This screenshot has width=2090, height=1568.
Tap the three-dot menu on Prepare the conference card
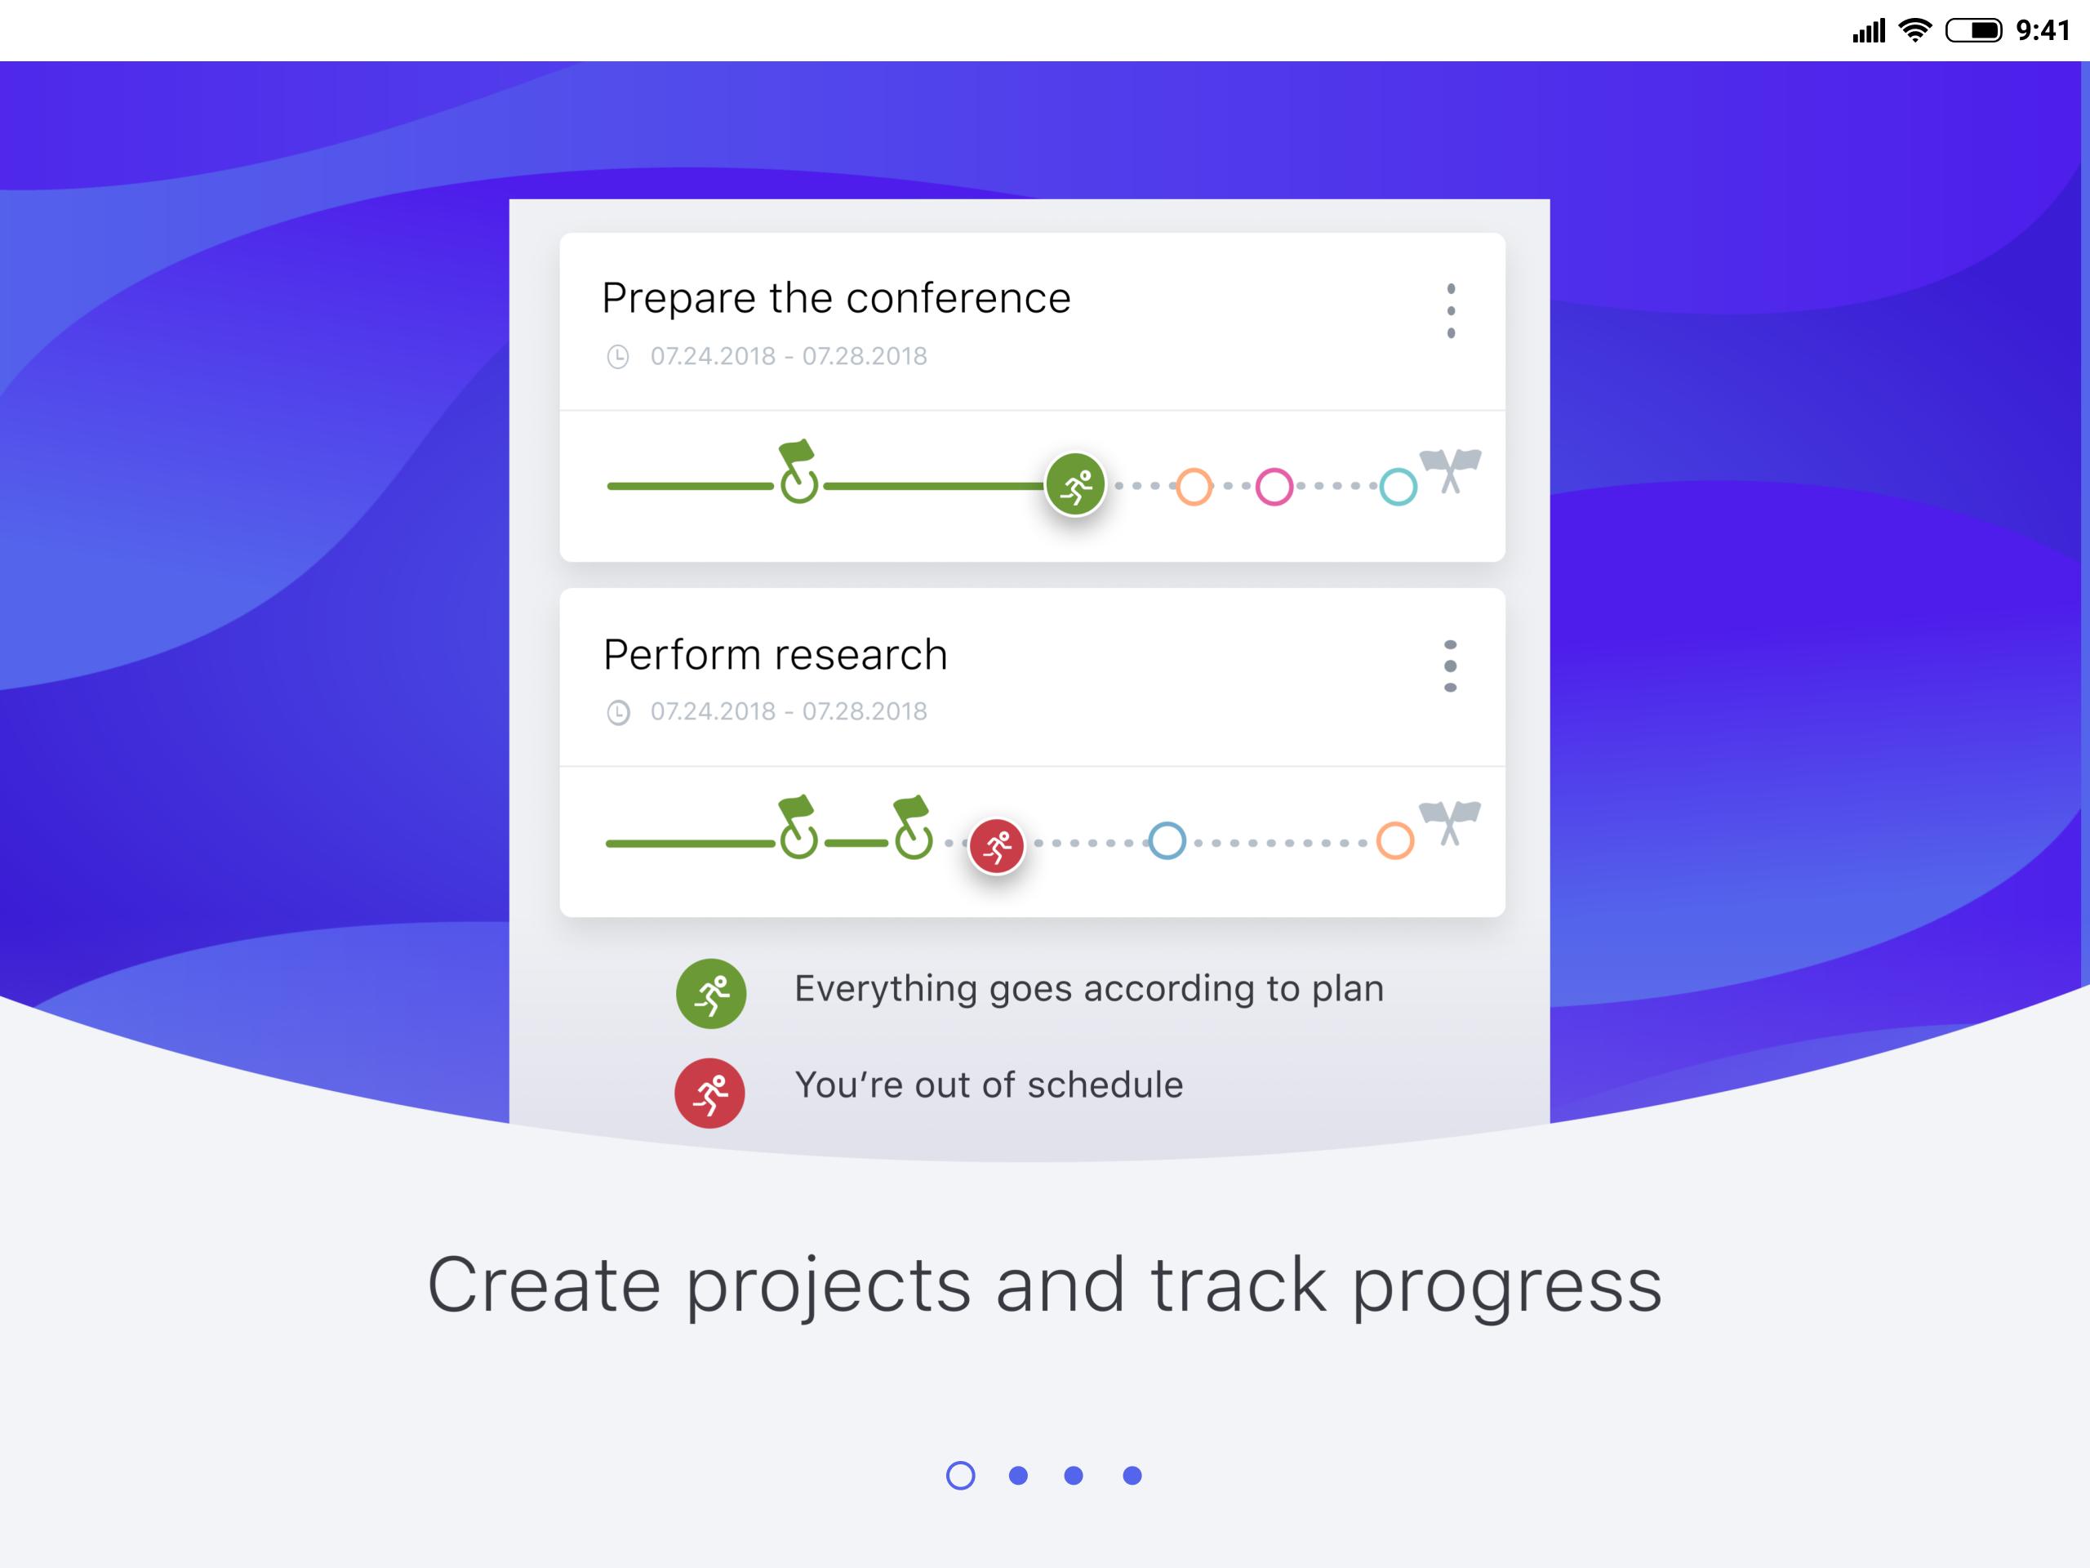click(1450, 311)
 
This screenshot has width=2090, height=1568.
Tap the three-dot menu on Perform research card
click(1450, 666)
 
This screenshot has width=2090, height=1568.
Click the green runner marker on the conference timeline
click(1075, 485)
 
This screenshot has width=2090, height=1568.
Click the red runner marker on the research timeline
click(997, 845)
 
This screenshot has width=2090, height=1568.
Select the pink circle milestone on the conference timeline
click(1274, 487)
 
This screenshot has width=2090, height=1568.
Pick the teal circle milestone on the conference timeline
click(1399, 487)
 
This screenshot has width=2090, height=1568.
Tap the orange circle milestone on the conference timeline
click(1194, 487)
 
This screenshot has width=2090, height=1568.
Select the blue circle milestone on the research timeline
click(1167, 841)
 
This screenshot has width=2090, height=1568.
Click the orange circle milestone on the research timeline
click(1394, 841)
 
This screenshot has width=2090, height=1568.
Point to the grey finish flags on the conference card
click(1450, 470)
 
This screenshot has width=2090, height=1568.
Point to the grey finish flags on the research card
click(1450, 822)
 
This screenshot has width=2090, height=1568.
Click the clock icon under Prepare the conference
click(618, 356)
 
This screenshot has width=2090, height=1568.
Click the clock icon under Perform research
click(618, 711)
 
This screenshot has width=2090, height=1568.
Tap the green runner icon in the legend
click(711, 993)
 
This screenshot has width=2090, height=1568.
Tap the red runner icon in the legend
click(709, 1093)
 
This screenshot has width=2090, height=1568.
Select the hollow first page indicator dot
click(961, 1476)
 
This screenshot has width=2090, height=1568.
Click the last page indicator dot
click(1132, 1476)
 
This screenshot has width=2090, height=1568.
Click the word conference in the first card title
click(958, 299)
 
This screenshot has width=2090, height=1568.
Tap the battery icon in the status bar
click(1972, 31)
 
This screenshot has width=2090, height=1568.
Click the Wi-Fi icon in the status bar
click(1915, 31)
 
